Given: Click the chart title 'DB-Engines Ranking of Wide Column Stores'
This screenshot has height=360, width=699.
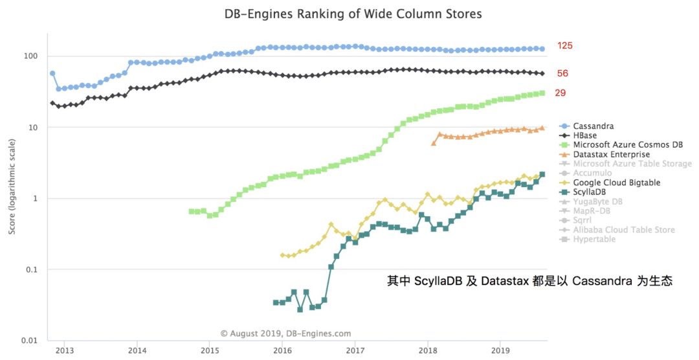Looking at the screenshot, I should pyautogui.click(x=353, y=14).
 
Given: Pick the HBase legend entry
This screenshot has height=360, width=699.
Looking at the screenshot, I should pyautogui.click(x=585, y=135).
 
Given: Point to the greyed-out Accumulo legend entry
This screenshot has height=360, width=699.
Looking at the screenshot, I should pyautogui.click(x=592, y=173).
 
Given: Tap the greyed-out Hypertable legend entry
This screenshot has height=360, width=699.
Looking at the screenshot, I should pyautogui.click(x=594, y=240).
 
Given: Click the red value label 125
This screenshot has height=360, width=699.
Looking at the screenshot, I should pyautogui.click(x=564, y=46).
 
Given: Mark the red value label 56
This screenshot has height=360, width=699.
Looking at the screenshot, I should pyautogui.click(x=562, y=74).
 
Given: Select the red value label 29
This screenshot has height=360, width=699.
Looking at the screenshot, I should pyautogui.click(x=560, y=93).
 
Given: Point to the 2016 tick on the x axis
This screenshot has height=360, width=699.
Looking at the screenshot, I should pyautogui.click(x=282, y=351).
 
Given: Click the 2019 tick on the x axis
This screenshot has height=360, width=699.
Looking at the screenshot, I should pyautogui.click(x=500, y=351).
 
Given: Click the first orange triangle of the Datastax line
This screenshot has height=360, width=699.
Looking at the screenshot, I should pyautogui.click(x=434, y=143).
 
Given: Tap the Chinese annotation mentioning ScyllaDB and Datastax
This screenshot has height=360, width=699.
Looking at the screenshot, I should pyautogui.click(x=530, y=281).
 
